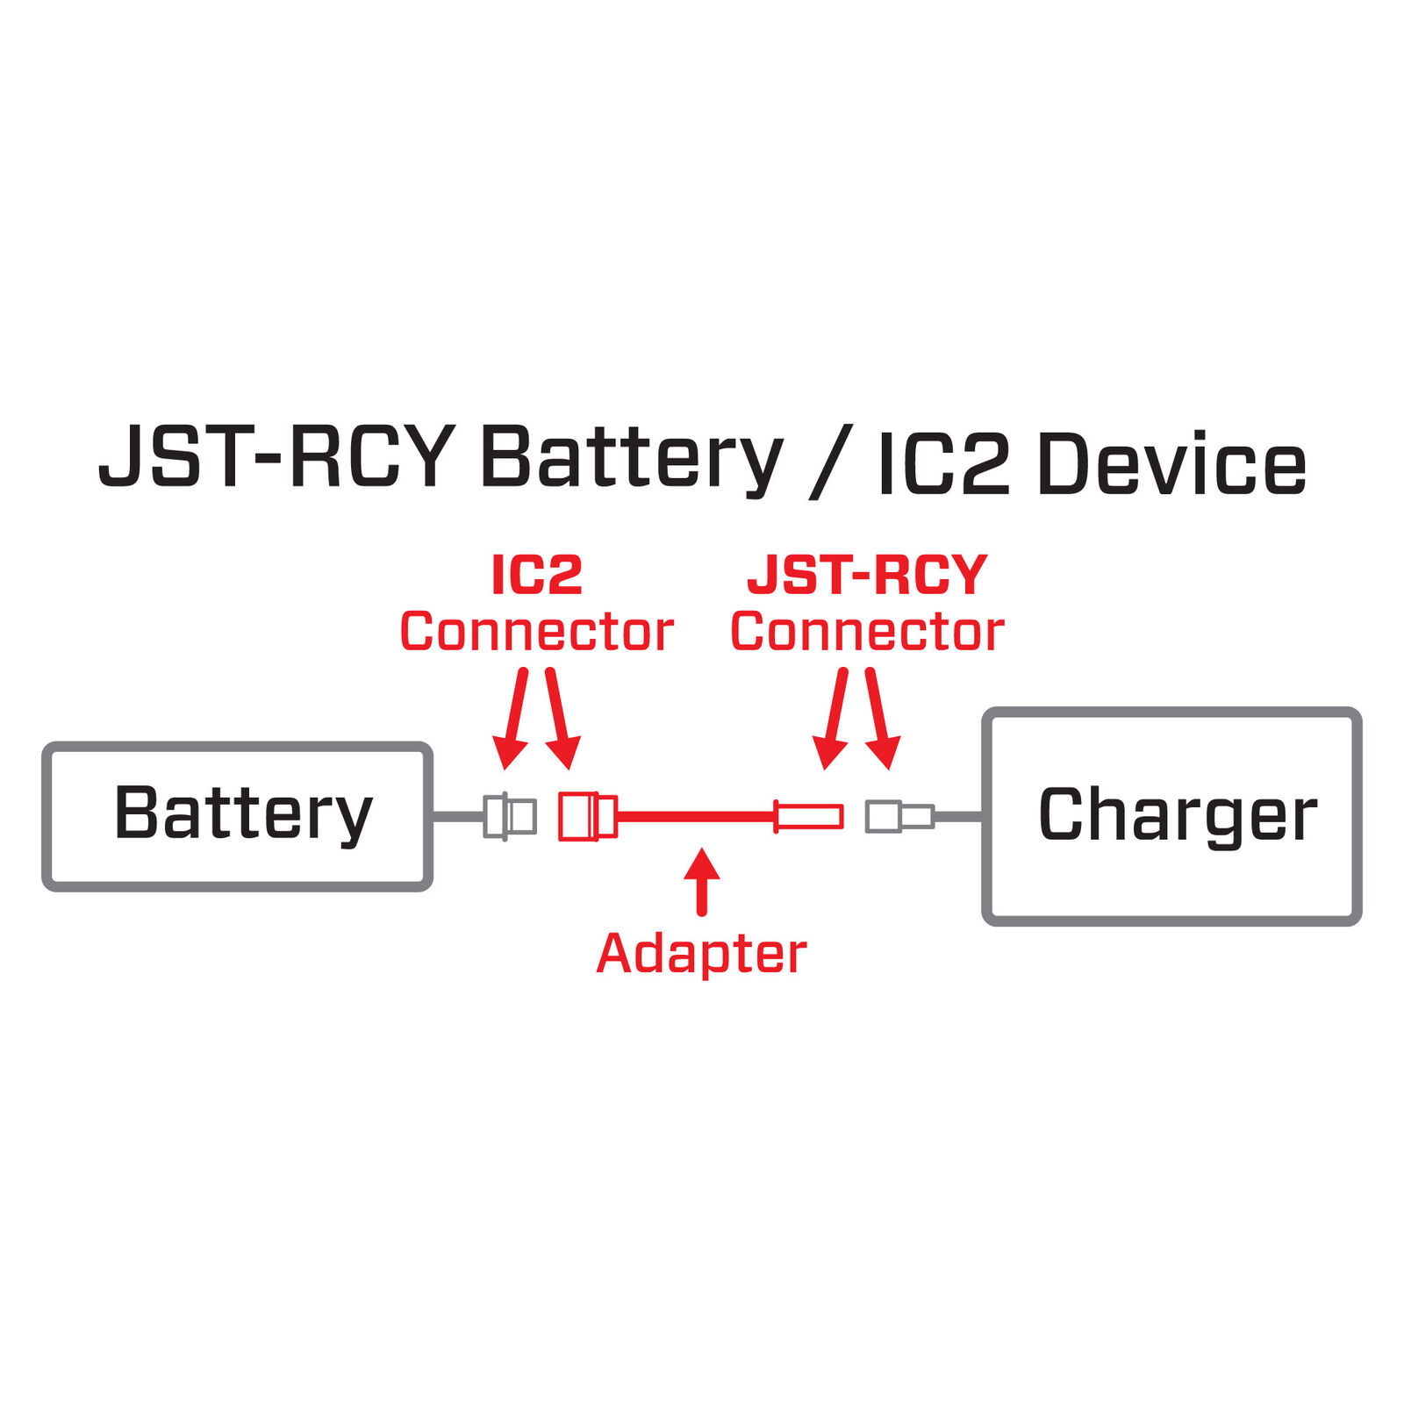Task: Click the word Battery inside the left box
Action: tap(243, 813)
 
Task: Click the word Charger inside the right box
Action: tap(1177, 814)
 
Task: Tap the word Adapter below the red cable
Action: tap(701, 954)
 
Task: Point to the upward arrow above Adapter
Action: tap(701, 880)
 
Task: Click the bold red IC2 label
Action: tap(536, 576)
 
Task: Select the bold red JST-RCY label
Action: tap(867, 576)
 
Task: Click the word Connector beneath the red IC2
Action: tap(536, 632)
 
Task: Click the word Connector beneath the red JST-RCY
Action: tap(867, 632)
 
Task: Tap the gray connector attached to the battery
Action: tap(510, 816)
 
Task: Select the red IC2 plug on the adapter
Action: tap(587, 816)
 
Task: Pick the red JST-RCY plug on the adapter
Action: tap(809, 816)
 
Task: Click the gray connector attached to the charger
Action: tap(899, 816)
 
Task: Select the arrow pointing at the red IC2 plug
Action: tap(560, 720)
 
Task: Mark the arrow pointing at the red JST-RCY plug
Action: tap(834, 720)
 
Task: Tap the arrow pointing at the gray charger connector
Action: tap(879, 720)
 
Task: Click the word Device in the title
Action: tap(1171, 463)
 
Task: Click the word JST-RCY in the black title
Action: tap(276, 458)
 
